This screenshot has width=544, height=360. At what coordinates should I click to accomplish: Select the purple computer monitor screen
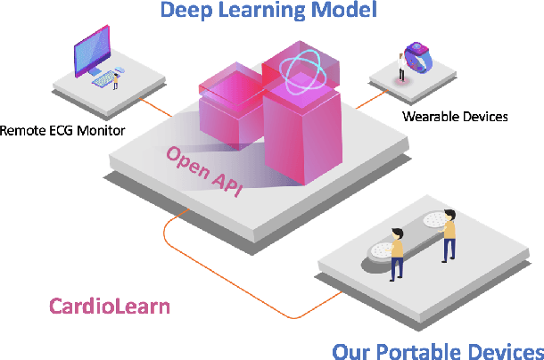92,50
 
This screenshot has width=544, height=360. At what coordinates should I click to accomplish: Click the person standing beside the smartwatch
400,65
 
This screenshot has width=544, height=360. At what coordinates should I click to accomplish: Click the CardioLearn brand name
109,307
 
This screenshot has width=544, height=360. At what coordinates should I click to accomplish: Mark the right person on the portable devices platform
449,234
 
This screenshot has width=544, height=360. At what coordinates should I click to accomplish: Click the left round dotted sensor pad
382,249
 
